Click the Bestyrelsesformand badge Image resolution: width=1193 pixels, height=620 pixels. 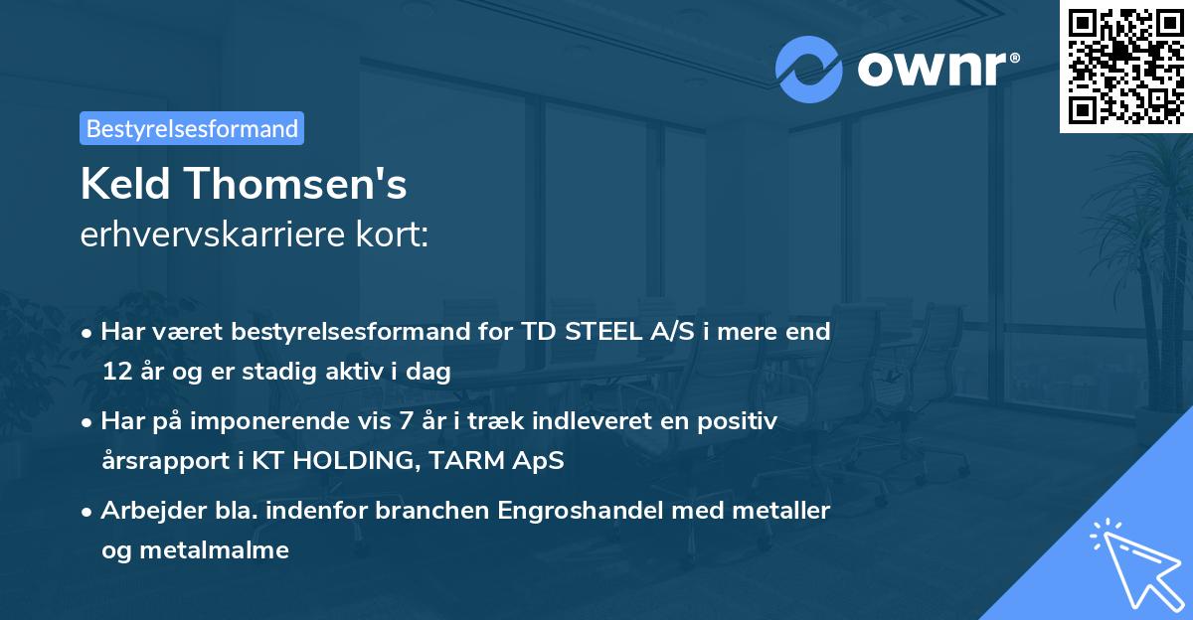coord(192,128)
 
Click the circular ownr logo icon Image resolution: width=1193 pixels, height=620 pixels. coord(809,70)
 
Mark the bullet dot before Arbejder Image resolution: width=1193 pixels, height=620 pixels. coord(88,512)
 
